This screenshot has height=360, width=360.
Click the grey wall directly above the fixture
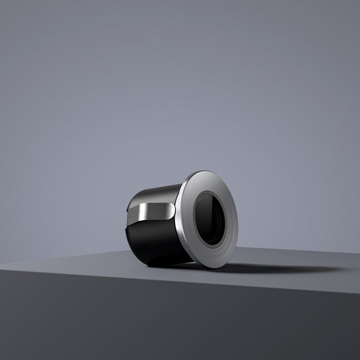point(182,101)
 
